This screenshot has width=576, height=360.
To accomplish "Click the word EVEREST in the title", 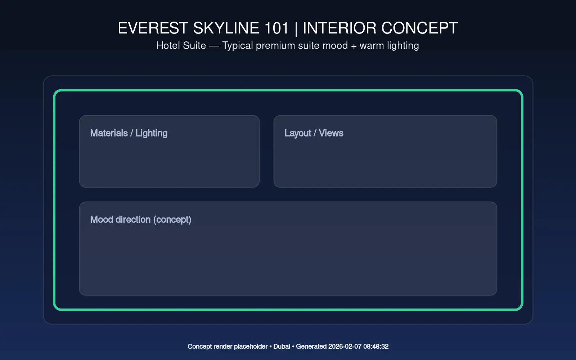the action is pos(153,28).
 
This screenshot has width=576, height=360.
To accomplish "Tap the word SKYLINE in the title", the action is pos(226,28).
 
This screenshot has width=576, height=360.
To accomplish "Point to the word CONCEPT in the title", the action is pos(420,28).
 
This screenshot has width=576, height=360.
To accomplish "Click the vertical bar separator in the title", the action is pos(296,28).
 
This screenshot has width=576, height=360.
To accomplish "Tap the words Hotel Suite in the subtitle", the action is pos(181,45).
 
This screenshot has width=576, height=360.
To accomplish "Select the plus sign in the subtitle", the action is pos(354,46).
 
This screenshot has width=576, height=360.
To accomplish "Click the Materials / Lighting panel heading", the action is pos(129,133).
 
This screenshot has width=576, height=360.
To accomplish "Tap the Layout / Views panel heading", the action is pos(314,133).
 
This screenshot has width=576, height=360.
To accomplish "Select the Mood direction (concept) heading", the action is pos(141,220).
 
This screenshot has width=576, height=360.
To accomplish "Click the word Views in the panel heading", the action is pos(331,133).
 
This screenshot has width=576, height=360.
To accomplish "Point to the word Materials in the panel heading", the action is pos(109,133).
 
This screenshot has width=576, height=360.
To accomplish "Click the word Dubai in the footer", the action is pos(282,346).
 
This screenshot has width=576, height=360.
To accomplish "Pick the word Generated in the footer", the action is pos(311,346).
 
